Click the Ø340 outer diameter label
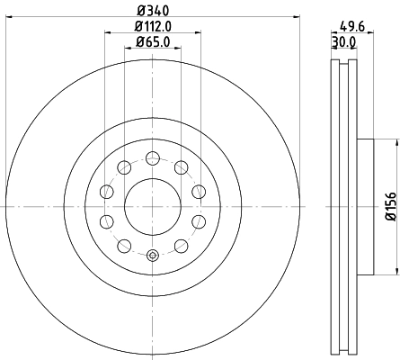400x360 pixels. click(x=153, y=10)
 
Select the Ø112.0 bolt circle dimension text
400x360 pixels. click(x=153, y=26)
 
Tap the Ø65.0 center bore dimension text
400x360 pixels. click(x=153, y=41)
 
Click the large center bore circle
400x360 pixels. click(x=152, y=206)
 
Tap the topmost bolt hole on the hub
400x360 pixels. click(x=152, y=157)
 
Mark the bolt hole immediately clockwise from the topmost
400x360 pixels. click(x=182, y=166)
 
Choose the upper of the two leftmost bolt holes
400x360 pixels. click(x=106, y=191)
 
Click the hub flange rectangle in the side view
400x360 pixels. click(x=365, y=206)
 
